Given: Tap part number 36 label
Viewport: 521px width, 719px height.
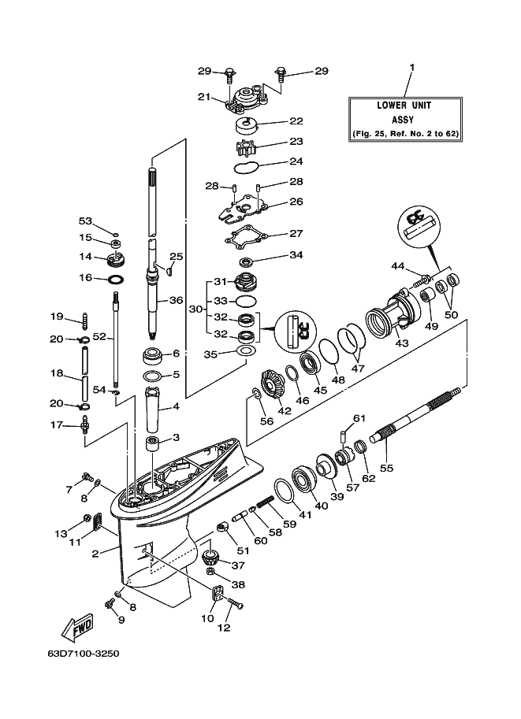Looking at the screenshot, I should pyautogui.click(x=176, y=300).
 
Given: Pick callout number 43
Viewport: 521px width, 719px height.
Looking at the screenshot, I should pyautogui.click(x=401, y=344).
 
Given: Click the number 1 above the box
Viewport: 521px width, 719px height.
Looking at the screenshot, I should pyautogui.click(x=411, y=69).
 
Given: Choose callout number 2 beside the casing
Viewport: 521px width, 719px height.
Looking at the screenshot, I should pyautogui.click(x=95, y=554).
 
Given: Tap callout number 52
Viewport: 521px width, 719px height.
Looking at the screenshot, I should pyautogui.click(x=99, y=336).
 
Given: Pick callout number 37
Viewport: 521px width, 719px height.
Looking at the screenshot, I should pyautogui.click(x=238, y=565).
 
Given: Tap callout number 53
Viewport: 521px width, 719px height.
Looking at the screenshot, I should pyautogui.click(x=85, y=221).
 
